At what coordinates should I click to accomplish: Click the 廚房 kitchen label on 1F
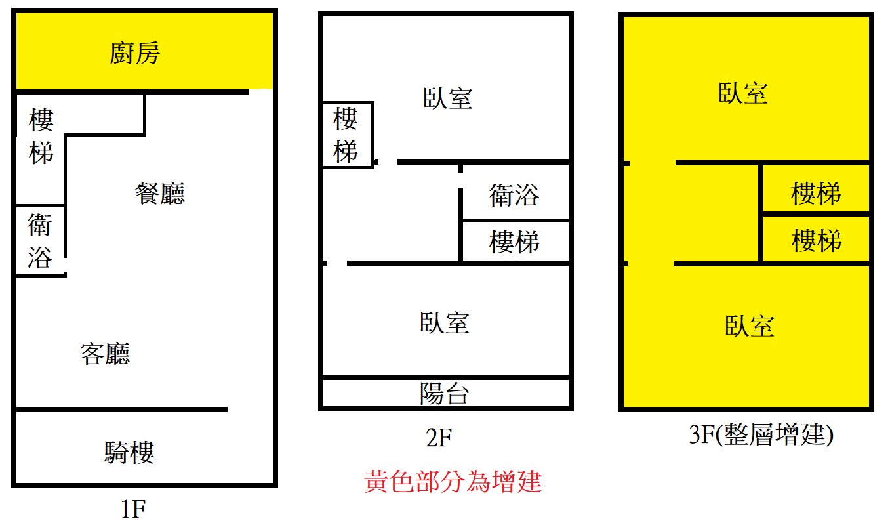134,53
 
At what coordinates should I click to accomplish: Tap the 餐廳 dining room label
160,194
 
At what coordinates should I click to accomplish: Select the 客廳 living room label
105,353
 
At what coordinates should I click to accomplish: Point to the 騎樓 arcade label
129,452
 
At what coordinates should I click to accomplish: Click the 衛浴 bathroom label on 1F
40,241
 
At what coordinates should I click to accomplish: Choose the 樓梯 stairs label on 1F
41,136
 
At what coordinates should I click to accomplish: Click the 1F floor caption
134,509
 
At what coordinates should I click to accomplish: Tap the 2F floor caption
439,438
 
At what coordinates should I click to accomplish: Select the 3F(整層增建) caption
761,434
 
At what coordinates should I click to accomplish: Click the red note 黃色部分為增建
453,481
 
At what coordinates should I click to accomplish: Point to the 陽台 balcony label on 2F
445,394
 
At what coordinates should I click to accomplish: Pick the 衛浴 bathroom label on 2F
514,195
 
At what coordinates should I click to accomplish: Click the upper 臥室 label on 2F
448,98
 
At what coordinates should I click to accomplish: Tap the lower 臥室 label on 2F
445,322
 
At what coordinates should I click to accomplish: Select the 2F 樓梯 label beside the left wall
346,135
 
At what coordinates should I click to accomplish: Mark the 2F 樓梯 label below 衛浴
514,241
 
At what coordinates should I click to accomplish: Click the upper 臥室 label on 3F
743,93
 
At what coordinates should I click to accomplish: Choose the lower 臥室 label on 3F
750,326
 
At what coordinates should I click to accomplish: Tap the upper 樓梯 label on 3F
816,194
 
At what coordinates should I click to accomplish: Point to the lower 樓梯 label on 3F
817,240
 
